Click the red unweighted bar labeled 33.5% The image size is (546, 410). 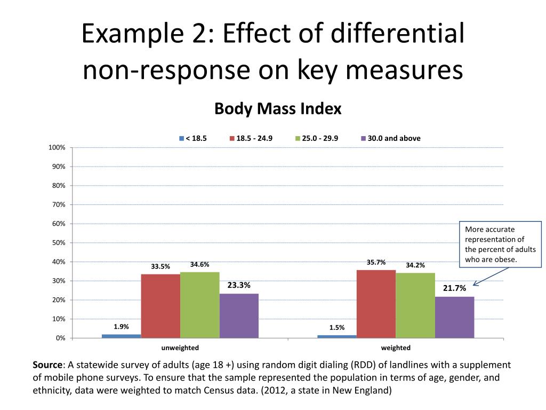160,306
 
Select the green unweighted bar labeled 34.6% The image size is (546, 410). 199,305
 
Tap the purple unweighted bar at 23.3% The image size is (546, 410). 239,316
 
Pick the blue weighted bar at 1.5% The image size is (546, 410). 336,336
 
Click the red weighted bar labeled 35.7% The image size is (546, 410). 376,304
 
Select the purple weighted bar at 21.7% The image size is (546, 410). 454,317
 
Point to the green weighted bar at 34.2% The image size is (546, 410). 415,305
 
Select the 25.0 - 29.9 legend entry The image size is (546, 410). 317,138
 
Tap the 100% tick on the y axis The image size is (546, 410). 57,147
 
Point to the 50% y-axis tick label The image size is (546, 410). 59,243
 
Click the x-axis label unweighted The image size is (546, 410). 180,348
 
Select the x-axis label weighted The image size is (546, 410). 396,348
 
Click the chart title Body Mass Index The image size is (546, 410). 278,109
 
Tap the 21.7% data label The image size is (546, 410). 454,288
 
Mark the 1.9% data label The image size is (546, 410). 121,327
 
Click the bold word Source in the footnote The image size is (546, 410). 48,365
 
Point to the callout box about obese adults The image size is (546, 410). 500,245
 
